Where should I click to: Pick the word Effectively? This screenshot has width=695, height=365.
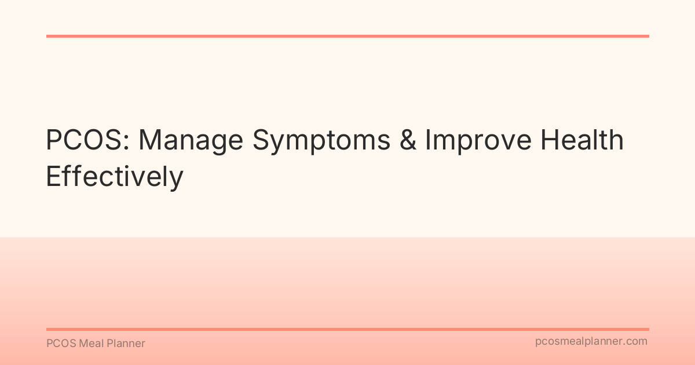pos(114,177)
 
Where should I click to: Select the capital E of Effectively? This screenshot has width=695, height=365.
pos(53,177)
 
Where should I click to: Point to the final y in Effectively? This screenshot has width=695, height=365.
pos(177,181)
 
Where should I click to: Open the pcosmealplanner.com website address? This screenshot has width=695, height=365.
pos(591,342)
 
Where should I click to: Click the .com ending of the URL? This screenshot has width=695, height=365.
pos(636,342)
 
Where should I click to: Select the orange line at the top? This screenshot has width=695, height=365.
pos(348,36)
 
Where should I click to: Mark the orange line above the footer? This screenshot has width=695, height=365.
pos(348,329)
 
